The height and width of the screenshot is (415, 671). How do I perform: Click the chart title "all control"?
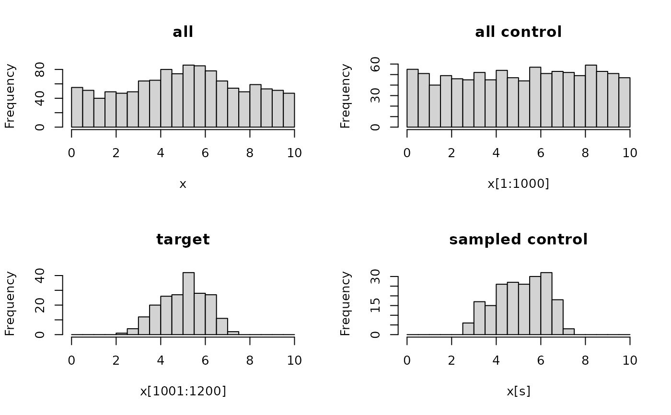[x=518, y=32]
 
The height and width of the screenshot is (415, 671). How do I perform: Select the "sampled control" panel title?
[x=518, y=240]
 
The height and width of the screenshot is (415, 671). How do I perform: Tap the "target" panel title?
[x=183, y=240]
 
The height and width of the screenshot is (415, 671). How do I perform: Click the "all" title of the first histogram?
[x=183, y=32]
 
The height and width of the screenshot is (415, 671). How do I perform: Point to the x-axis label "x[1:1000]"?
[x=518, y=184]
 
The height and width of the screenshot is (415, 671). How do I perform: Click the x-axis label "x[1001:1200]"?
[x=183, y=391]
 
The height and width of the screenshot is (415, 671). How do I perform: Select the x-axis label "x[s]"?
[x=518, y=391]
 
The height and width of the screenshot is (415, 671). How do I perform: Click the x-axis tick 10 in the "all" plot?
[x=294, y=153]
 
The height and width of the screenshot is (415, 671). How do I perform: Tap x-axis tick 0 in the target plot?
[x=72, y=360]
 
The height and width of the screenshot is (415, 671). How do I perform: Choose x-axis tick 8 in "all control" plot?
[x=585, y=153]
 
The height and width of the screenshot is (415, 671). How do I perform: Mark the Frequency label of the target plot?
[x=10, y=304]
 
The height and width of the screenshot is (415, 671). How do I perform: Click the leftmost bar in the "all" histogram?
[x=77, y=107]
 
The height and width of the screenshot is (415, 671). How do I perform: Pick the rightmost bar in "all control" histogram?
[x=624, y=103]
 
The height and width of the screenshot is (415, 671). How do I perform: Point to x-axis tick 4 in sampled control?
[x=496, y=360]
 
